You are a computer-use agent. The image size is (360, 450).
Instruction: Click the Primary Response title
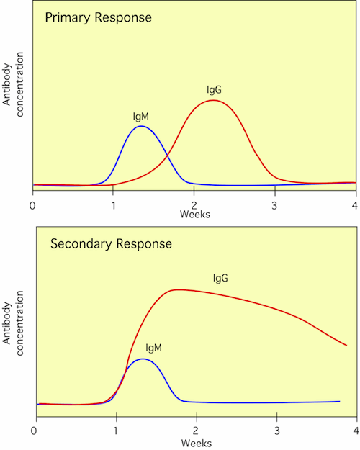click(x=98, y=17)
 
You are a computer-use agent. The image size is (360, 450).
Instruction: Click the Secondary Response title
click(x=111, y=243)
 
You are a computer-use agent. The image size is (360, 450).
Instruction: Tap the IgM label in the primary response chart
click(x=140, y=115)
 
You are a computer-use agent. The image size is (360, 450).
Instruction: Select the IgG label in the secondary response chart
click(x=221, y=277)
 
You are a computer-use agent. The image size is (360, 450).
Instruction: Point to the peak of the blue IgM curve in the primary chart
click(x=141, y=126)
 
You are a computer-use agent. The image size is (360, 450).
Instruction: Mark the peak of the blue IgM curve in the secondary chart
click(x=143, y=359)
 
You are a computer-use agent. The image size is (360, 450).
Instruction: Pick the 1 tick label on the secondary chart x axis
click(x=116, y=431)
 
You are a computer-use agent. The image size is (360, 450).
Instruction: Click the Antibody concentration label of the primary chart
click(x=12, y=99)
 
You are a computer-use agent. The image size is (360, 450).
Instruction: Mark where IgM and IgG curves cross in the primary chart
click(x=168, y=155)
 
